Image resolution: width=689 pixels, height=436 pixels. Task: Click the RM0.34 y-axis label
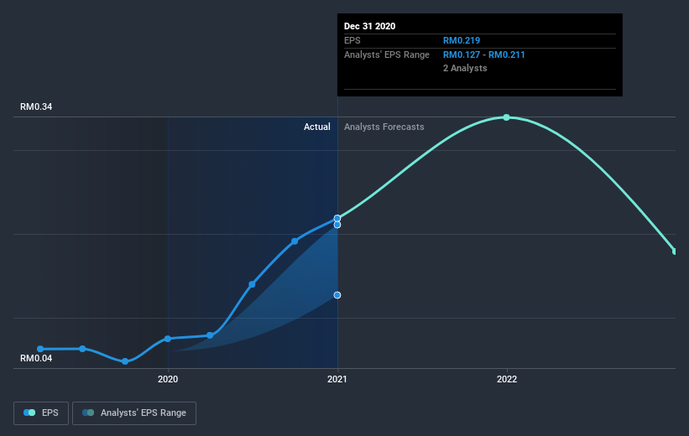pos(35,107)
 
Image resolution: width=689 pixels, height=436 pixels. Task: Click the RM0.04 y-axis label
pos(35,359)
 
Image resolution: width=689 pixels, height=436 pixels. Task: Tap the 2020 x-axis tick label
pos(168,379)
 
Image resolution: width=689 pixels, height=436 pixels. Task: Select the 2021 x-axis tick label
pos(337,379)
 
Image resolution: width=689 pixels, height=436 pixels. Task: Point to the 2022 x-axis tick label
pos(507,379)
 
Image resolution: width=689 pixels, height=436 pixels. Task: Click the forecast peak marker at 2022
pos(507,117)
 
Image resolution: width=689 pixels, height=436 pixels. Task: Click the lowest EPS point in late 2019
pos(125,361)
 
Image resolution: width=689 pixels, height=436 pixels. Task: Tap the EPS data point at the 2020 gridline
pos(168,339)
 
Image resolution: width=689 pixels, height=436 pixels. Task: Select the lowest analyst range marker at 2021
pos(337,295)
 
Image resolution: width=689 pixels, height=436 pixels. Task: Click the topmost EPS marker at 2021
pos(337,218)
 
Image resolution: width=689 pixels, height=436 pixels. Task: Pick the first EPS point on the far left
pos(40,349)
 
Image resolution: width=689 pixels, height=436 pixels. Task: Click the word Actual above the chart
pos(317,127)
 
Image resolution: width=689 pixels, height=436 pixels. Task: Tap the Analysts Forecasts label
pos(384,127)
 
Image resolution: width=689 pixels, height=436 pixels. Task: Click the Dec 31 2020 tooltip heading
pos(369,26)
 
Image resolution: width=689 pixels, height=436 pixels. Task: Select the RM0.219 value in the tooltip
pos(462,40)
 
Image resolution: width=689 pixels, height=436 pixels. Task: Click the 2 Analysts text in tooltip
pos(465,69)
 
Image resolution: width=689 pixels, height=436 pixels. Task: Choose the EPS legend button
pos(41,413)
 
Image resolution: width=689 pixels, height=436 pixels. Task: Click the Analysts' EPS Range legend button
pos(134,413)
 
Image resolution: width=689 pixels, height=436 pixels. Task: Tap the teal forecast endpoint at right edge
pos(674,251)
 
